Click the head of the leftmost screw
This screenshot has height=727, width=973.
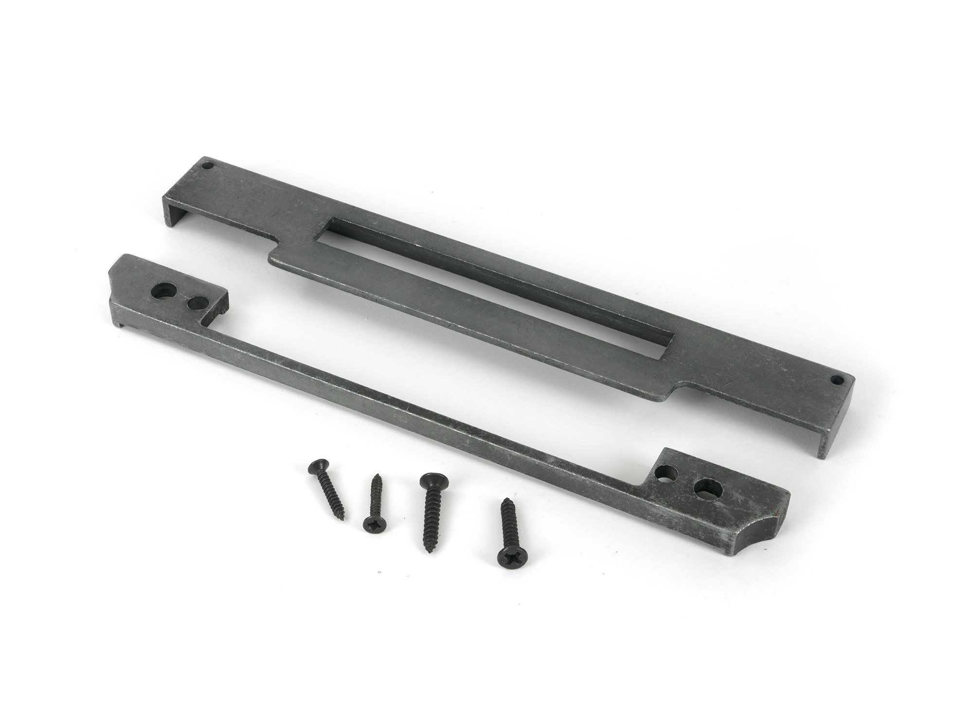pyautogui.click(x=315, y=470)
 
